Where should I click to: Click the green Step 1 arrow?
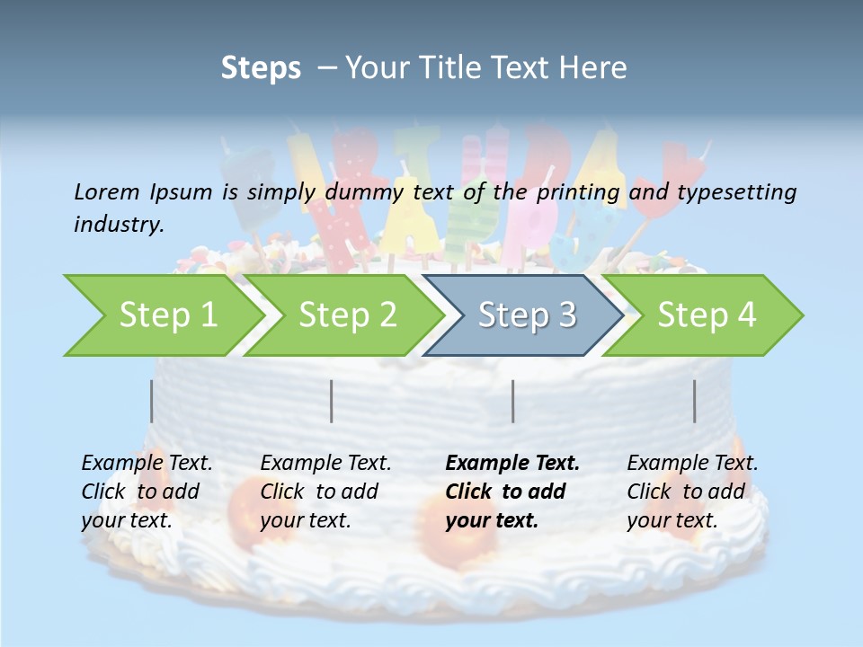click(x=167, y=315)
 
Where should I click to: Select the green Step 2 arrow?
click(x=347, y=315)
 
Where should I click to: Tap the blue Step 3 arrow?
click(x=527, y=315)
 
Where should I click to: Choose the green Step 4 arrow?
click(x=707, y=315)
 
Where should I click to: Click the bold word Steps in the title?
click(x=261, y=68)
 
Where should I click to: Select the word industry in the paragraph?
click(x=118, y=224)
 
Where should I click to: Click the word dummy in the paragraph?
click(x=367, y=191)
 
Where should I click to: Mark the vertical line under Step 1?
click(x=152, y=401)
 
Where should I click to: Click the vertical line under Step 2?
click(x=332, y=401)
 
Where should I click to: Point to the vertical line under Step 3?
click(x=513, y=401)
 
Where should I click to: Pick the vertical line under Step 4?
click(x=695, y=401)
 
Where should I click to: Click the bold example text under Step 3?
click(x=512, y=492)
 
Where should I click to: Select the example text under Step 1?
click(x=147, y=492)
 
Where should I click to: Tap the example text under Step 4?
click(x=692, y=492)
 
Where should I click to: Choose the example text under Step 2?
click(x=325, y=492)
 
